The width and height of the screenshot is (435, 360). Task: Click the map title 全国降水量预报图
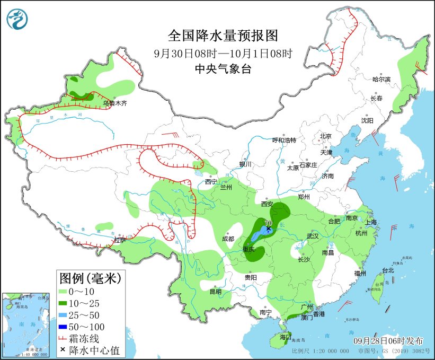(223, 36)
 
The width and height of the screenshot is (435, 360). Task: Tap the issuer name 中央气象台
(223, 69)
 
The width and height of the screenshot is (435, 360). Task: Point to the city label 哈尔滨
(381, 79)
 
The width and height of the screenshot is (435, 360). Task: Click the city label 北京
(325, 136)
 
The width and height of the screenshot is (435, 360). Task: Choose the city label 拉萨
(120, 240)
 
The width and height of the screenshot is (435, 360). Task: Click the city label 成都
(228, 239)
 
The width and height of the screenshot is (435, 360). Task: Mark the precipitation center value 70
(268, 223)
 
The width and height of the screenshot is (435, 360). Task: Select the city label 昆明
(215, 291)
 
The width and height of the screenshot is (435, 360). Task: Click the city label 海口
(286, 337)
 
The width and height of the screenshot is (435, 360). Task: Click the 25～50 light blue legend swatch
(68, 315)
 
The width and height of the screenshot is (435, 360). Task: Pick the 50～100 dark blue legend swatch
(68, 327)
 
